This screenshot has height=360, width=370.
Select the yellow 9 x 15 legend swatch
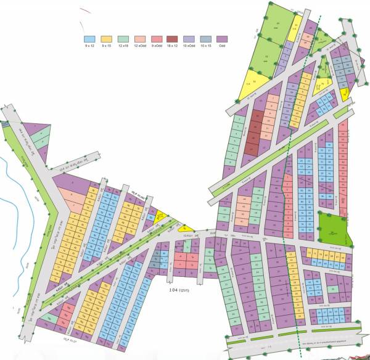click(x=105, y=39)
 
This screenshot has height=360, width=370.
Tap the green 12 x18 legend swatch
click(x=122, y=39)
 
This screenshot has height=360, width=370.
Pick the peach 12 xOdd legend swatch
click(x=139, y=39)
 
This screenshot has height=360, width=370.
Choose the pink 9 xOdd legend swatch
click(x=156, y=39)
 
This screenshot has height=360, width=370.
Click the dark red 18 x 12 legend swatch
click(x=172, y=39)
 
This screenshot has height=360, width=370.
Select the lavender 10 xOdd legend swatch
click(x=189, y=39)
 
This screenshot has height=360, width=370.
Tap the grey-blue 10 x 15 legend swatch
click(x=205, y=39)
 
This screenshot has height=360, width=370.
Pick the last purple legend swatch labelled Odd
click(x=222, y=39)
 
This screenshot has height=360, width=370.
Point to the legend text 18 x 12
click(x=172, y=46)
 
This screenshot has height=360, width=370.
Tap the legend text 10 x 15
click(x=205, y=46)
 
